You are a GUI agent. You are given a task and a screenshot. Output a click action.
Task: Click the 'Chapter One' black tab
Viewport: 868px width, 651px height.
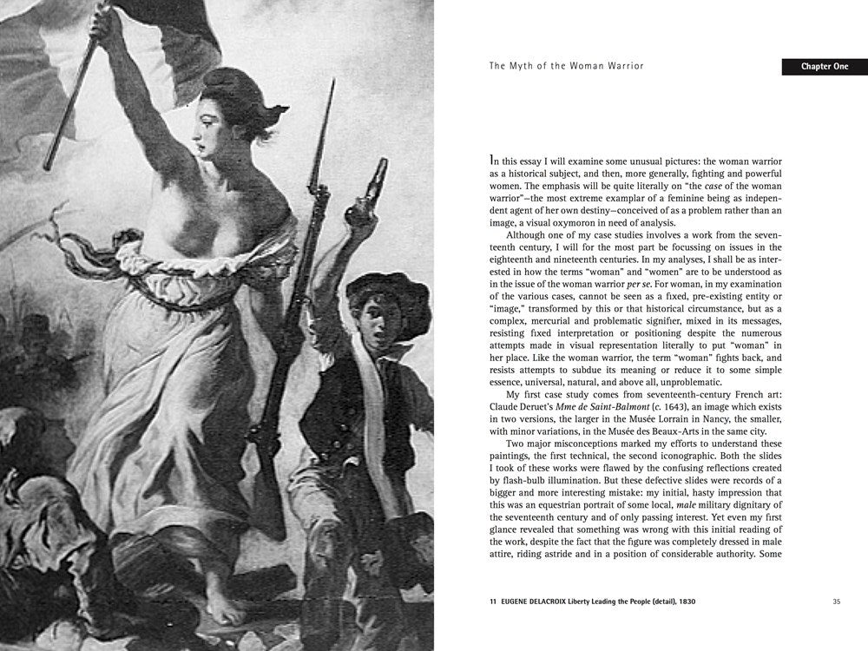825,67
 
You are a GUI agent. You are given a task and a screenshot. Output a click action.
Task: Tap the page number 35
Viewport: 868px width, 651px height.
837,601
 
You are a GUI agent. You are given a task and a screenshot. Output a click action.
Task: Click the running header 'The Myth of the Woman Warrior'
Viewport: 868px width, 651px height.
566,66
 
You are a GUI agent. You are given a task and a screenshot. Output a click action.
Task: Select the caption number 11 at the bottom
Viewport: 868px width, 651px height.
494,601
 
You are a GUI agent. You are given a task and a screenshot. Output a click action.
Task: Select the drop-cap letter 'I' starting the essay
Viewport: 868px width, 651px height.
493,161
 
